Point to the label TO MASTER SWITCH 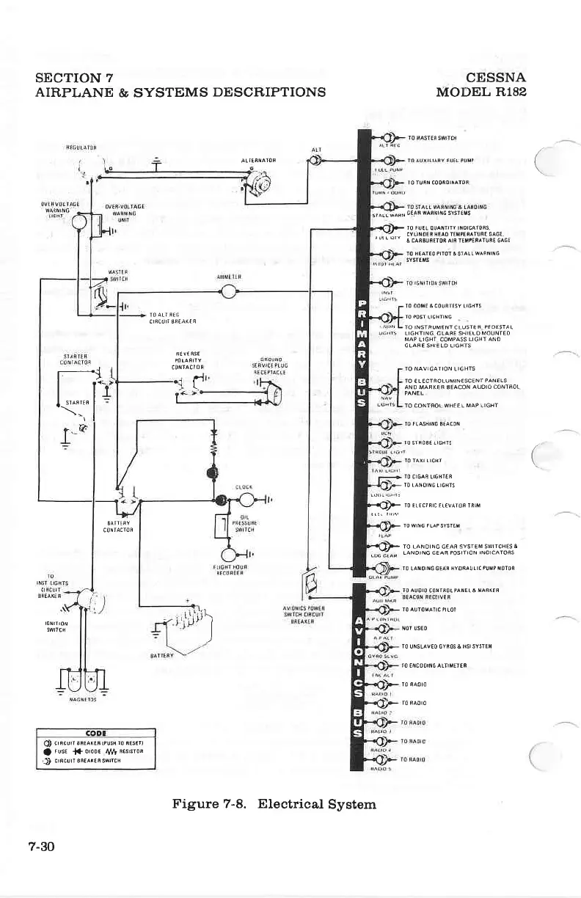coord(432,138)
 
